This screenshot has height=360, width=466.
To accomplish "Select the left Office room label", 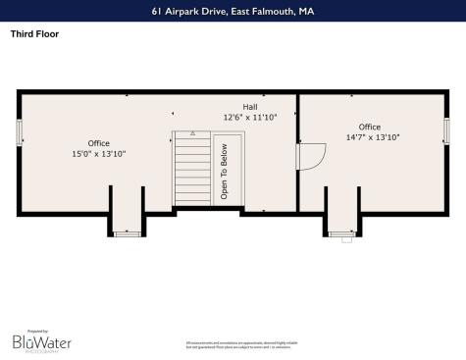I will tap(99, 143).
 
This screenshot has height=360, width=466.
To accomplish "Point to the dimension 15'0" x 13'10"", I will tap(99, 154).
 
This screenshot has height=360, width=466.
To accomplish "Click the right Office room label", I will tap(369, 127).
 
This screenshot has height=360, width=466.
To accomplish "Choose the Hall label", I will tap(250, 106).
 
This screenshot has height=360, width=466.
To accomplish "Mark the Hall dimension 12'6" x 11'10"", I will tap(250, 117).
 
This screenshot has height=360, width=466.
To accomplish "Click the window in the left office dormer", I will tap(128, 233).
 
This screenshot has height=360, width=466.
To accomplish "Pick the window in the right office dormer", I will tap(342, 233).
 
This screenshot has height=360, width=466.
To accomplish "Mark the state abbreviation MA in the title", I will tap(306, 11).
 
